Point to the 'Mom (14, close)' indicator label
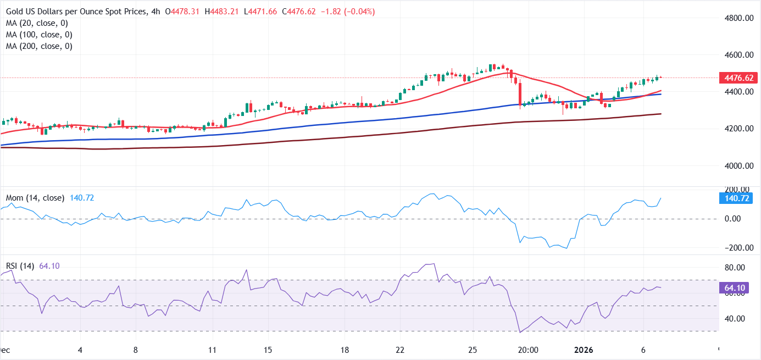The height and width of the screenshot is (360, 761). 35,198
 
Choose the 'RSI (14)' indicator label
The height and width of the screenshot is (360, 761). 20,266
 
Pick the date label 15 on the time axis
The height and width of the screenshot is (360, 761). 268,350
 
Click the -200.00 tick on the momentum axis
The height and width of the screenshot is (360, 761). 736,248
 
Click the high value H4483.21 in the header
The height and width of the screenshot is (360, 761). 222,12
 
